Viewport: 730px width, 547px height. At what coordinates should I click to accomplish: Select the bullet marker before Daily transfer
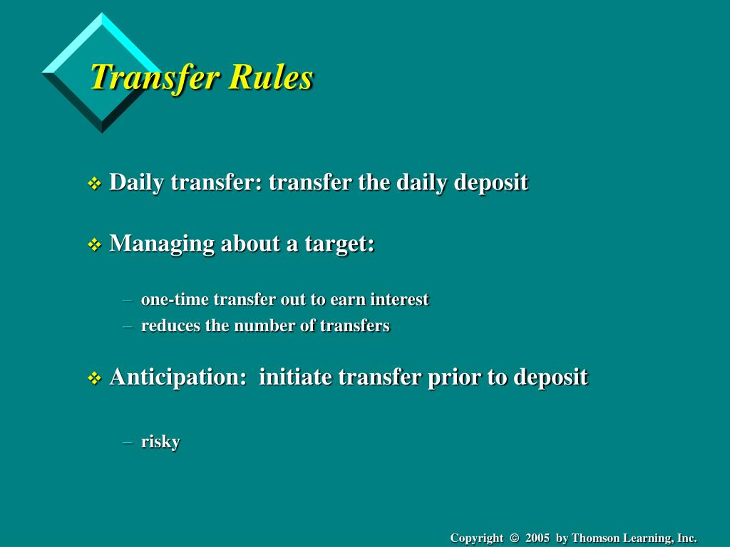(94, 184)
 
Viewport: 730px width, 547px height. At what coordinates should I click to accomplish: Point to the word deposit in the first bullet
(491, 182)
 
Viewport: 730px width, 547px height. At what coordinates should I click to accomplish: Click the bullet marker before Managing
(94, 245)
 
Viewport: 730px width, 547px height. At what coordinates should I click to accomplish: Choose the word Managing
(162, 244)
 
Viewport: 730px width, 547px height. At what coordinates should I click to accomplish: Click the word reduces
(168, 325)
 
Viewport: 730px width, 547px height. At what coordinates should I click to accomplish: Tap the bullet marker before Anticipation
(94, 378)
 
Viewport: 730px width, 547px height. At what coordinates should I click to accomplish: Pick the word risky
(160, 442)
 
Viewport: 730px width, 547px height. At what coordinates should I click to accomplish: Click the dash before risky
(128, 442)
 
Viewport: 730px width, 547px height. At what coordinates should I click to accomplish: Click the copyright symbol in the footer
(514, 538)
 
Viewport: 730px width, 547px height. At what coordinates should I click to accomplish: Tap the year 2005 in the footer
(538, 538)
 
